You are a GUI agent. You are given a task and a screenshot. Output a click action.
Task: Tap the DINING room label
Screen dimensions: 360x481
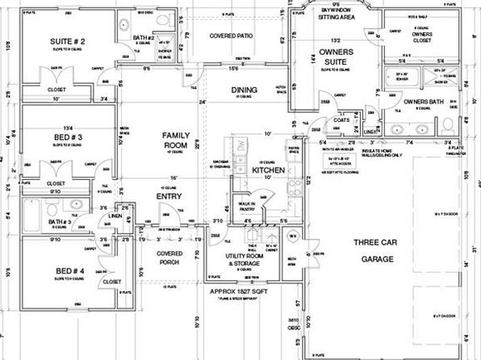[244, 91]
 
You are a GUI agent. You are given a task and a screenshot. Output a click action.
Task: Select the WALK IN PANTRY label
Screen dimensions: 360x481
[247, 206]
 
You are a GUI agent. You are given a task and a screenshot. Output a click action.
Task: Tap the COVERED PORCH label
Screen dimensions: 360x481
[169, 257]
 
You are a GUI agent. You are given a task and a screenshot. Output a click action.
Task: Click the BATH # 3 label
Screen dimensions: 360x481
[58, 222]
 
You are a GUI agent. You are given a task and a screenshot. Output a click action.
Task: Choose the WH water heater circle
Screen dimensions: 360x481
[294, 236]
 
